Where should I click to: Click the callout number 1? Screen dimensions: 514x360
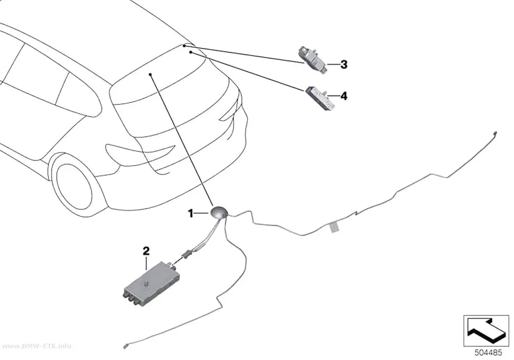pos(190,214)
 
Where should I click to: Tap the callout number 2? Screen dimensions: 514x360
pos(146,251)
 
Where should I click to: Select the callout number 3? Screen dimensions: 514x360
pos(344,65)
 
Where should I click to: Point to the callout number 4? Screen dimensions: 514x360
pos(344,96)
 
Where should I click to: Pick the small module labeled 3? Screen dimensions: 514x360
pos(312,60)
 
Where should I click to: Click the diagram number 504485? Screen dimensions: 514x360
pos(488,353)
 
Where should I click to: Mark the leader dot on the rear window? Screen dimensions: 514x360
pos(150,75)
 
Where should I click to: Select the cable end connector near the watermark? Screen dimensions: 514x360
pos(125,346)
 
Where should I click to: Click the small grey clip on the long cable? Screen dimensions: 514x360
pos(334,227)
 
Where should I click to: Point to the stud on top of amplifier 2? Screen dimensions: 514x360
pos(145,283)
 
